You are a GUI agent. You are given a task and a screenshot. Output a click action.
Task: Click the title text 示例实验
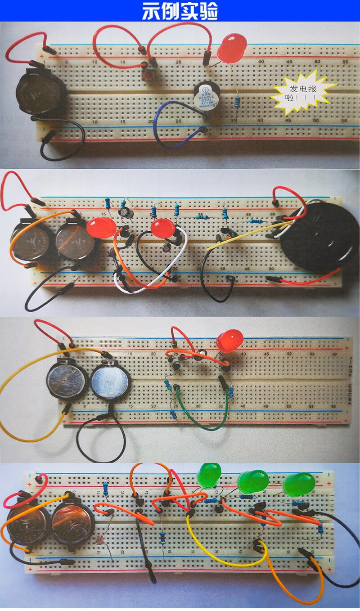pyautogui.click(x=180, y=11)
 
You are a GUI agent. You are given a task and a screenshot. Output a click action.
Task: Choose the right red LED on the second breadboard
pyautogui.click(x=163, y=229)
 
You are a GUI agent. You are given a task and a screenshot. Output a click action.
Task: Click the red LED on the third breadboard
pyautogui.click(x=229, y=340)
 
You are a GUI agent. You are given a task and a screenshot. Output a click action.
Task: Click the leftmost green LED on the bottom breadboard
pyautogui.click(x=209, y=475)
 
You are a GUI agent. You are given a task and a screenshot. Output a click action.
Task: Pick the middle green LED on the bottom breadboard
pyautogui.click(x=253, y=481)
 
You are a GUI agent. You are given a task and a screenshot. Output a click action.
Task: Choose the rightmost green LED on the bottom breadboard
pyautogui.click(x=298, y=484)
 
